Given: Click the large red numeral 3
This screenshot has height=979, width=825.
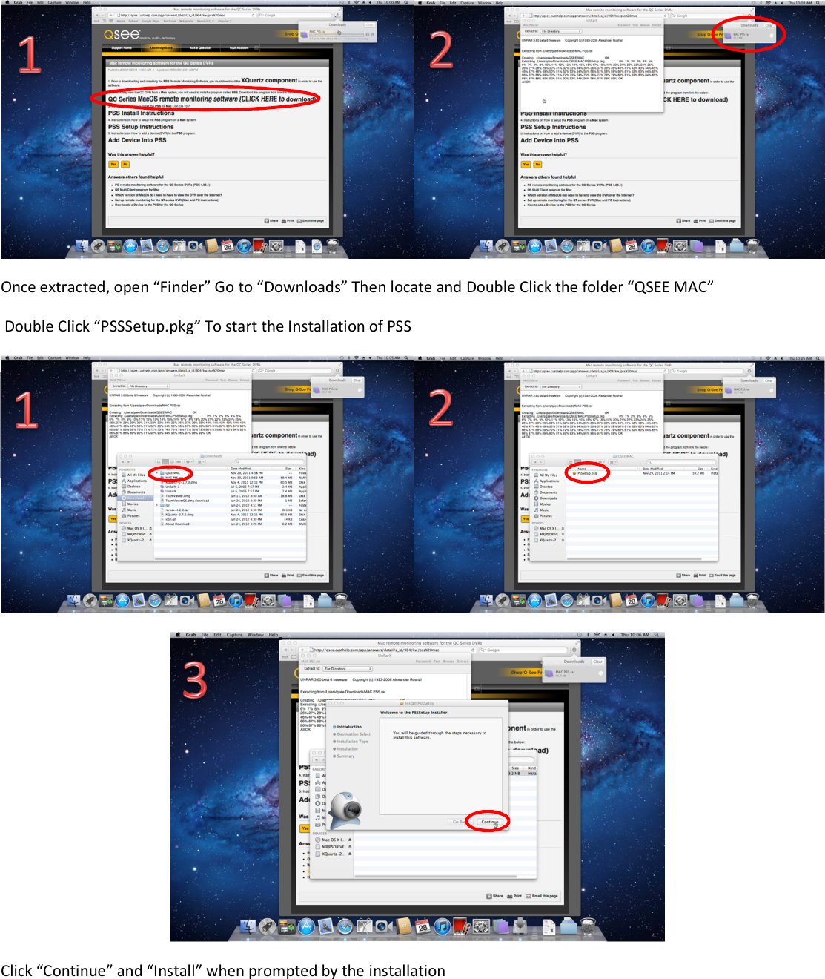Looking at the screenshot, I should point(195,680).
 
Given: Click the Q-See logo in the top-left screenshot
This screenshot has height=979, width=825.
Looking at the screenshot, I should point(122,34).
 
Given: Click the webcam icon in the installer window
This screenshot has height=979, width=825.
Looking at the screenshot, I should point(345,809).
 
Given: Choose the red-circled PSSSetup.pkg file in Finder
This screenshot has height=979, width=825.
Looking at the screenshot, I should point(587,472).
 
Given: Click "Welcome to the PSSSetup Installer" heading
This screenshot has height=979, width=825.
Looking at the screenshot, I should point(414,713).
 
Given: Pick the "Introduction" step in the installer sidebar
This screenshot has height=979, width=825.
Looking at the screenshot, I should point(349,727).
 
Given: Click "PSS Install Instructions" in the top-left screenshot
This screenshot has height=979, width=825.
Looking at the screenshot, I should point(142,113).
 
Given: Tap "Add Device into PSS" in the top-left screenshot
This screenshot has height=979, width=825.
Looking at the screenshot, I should point(137,140).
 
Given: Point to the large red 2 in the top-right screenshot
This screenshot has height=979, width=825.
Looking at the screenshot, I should point(440,50).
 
